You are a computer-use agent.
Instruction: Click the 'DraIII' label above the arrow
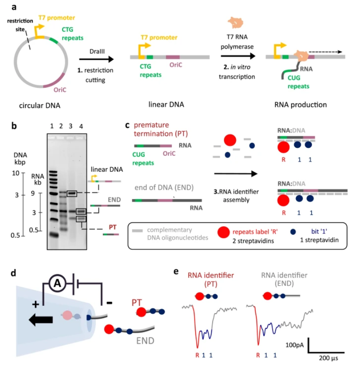tap(97, 51)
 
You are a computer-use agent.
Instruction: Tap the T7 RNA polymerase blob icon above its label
tap(235, 23)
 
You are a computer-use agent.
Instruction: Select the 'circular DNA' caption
tap(40, 105)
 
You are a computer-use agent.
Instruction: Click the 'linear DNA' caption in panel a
tap(166, 105)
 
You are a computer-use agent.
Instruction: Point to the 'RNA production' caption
tap(300, 105)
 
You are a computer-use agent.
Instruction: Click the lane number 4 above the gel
tap(81, 127)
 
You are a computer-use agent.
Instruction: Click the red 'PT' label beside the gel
tap(113, 227)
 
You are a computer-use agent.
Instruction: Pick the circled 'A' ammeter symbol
tap(57, 284)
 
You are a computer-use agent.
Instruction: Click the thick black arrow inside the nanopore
tap(41, 319)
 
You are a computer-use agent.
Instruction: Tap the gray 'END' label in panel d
tap(145, 341)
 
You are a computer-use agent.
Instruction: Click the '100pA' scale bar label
tap(295, 345)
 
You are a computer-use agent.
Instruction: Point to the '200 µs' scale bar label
tap(328, 358)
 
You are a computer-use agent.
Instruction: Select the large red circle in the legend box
tap(224, 233)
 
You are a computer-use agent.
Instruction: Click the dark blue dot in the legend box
tap(293, 232)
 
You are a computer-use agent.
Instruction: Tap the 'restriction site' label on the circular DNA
tap(20, 25)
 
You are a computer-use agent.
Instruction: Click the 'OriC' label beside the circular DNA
tap(60, 90)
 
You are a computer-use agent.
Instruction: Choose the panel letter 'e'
tap(176, 271)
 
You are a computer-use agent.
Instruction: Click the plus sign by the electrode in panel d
tap(36, 304)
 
